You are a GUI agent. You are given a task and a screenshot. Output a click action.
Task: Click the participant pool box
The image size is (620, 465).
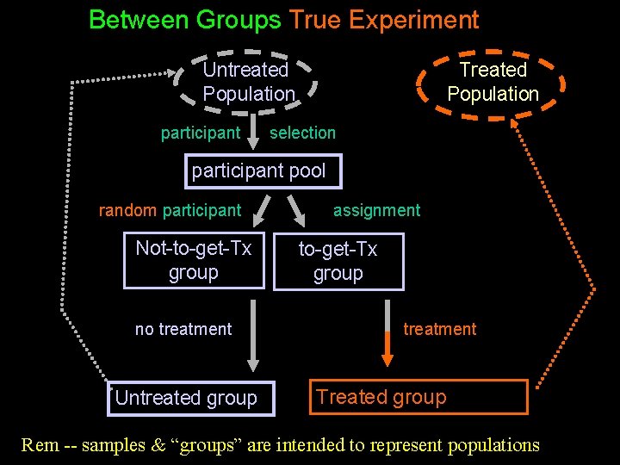click(259, 170)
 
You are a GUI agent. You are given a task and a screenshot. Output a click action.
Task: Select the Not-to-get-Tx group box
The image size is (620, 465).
click(194, 261)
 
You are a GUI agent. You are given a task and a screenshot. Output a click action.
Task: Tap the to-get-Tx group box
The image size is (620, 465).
click(338, 261)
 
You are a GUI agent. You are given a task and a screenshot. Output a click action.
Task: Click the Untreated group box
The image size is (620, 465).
click(186, 398)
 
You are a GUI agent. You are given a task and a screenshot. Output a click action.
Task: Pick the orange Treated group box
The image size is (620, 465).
click(418, 397)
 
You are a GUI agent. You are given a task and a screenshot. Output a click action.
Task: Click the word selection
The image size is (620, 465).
click(302, 133)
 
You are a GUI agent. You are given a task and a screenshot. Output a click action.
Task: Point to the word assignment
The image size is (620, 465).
click(376, 210)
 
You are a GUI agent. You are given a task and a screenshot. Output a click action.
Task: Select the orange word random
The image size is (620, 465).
click(127, 210)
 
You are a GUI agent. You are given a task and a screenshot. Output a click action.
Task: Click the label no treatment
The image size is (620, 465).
click(183, 329)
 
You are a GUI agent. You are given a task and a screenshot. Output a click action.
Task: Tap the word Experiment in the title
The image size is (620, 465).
click(412, 19)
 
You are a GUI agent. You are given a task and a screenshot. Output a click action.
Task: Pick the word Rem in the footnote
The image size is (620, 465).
click(40, 445)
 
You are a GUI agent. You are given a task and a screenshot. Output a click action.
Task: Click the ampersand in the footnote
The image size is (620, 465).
click(157, 445)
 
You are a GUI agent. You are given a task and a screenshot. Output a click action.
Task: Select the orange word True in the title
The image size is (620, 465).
click(315, 19)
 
